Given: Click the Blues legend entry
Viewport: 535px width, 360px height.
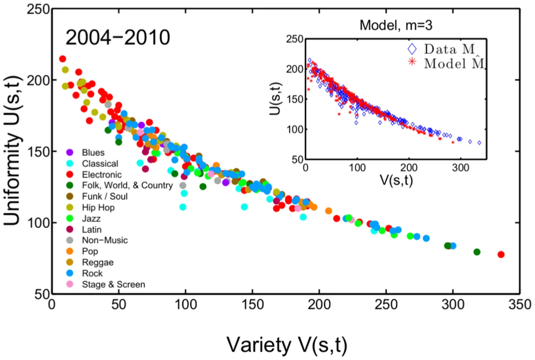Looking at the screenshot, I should click(93, 153).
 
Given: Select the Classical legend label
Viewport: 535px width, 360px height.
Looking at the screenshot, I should click(100, 164).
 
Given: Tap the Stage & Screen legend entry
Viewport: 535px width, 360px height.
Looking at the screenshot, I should click(113, 284).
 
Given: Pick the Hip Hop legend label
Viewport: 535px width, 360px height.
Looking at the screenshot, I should click(98, 208).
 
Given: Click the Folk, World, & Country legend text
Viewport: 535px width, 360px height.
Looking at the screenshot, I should click(127, 185).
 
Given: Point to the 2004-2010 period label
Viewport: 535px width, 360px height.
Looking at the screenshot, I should click(118, 38).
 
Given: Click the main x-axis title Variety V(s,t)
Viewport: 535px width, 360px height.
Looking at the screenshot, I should click(287, 344).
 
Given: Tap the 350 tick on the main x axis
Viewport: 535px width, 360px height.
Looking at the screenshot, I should click(519, 305).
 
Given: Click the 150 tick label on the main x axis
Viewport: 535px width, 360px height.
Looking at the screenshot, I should click(253, 305).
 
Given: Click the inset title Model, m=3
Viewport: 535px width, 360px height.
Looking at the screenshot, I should click(396, 25).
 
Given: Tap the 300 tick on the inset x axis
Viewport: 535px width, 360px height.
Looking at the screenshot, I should click(461, 168).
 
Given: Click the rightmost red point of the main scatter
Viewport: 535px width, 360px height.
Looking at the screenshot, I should click(501, 255).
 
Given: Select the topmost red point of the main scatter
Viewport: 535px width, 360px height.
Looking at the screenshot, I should click(62, 59).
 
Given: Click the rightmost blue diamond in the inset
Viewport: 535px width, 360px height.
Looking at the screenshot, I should click(479, 142).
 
